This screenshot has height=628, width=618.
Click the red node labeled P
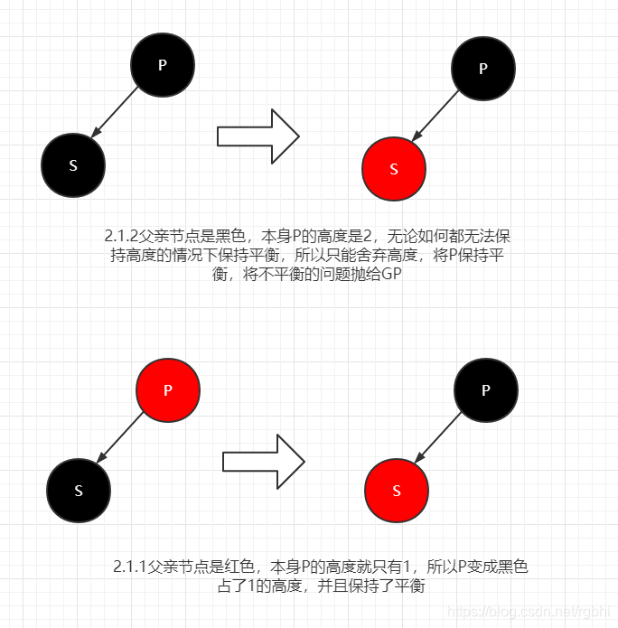(x=167, y=389)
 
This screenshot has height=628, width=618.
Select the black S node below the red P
(x=79, y=491)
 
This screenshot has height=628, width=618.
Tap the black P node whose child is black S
(x=163, y=64)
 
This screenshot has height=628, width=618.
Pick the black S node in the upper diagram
(x=73, y=165)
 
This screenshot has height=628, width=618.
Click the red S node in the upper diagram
(x=393, y=169)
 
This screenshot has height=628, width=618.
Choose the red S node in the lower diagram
(x=397, y=491)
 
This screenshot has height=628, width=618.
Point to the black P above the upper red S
(x=482, y=68)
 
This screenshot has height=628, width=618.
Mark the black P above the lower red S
(x=486, y=389)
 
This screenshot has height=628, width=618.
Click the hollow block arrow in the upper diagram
(x=257, y=136)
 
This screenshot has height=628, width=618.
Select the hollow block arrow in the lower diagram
(x=263, y=461)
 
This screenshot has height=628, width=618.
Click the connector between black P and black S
(x=117, y=114)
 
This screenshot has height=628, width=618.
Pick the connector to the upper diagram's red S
(x=437, y=117)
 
